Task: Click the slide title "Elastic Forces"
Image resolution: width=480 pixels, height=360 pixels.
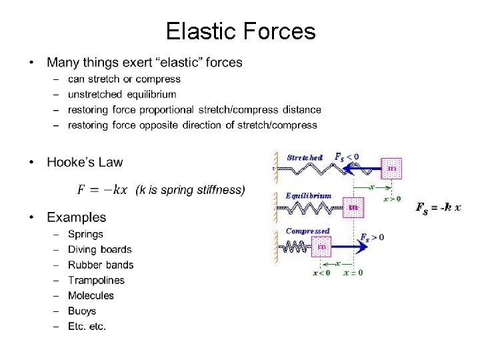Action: (x=240, y=31)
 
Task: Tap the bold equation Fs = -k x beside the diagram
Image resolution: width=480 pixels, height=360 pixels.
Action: (x=438, y=208)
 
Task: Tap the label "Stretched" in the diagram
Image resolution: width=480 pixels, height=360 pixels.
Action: (x=305, y=158)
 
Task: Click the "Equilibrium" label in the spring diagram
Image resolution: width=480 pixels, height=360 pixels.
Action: (x=308, y=195)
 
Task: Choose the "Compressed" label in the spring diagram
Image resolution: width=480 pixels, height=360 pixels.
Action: (x=307, y=231)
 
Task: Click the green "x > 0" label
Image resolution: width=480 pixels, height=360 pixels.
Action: (x=392, y=198)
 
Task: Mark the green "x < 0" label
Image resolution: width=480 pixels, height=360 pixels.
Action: (x=321, y=272)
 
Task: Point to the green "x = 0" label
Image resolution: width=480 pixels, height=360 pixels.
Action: (x=353, y=272)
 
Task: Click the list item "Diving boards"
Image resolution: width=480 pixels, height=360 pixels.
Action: (x=99, y=249)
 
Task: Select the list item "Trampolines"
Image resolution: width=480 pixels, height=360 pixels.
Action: (x=96, y=280)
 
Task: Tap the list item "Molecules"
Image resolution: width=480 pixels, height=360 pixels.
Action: (x=91, y=295)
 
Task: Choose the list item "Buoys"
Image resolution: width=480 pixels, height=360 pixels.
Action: (x=82, y=311)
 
